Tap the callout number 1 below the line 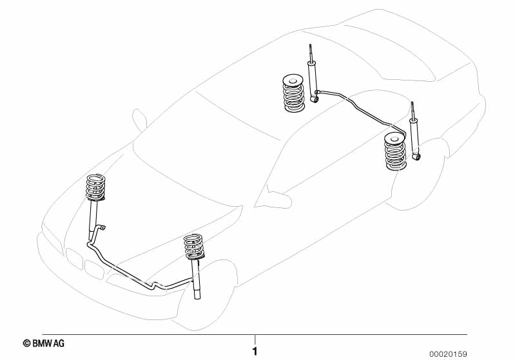point(255,352)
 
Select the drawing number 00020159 point(448,354)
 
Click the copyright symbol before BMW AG point(26,344)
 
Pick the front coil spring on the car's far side point(95,187)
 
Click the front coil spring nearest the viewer point(194,247)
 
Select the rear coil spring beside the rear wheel point(396,151)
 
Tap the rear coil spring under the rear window point(293,93)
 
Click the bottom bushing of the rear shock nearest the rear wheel point(418,157)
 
